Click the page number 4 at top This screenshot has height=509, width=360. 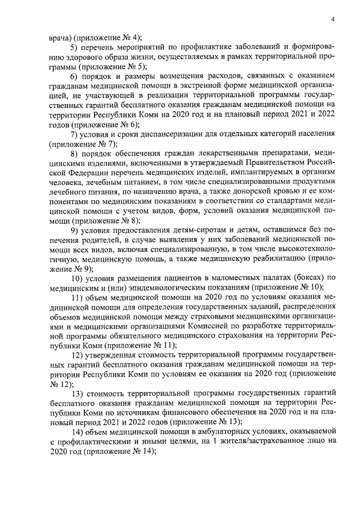pyautogui.click(x=333, y=20)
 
